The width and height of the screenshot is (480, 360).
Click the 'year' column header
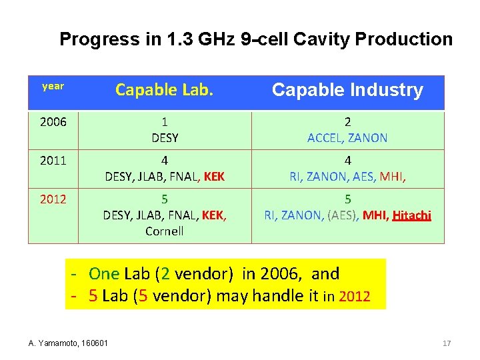pyautogui.click(x=53, y=86)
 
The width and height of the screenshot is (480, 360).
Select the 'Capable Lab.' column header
pyautogui.click(x=164, y=90)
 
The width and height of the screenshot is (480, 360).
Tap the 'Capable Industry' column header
pyautogui.click(x=347, y=90)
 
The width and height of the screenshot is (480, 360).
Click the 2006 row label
pyautogui.click(x=53, y=122)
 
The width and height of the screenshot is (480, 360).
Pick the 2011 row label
pyautogui.click(x=53, y=161)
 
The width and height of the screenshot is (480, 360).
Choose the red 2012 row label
pyautogui.click(x=53, y=199)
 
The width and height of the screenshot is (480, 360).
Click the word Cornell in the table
pyautogui.click(x=164, y=231)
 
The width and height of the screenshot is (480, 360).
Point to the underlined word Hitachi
pyautogui.click(x=412, y=215)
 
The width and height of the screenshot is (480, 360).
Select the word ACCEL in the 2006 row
pyautogui.click(x=325, y=138)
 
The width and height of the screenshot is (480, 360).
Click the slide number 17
pyautogui.click(x=447, y=343)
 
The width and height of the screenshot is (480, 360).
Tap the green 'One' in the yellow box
pyautogui.click(x=104, y=273)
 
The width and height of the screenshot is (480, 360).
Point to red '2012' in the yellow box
pyautogui.click(x=354, y=297)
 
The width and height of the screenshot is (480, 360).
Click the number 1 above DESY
pyautogui.click(x=164, y=122)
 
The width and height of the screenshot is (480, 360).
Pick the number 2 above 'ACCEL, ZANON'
pyautogui.click(x=347, y=122)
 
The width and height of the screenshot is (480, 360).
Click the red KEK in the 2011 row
pyautogui.click(x=214, y=177)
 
